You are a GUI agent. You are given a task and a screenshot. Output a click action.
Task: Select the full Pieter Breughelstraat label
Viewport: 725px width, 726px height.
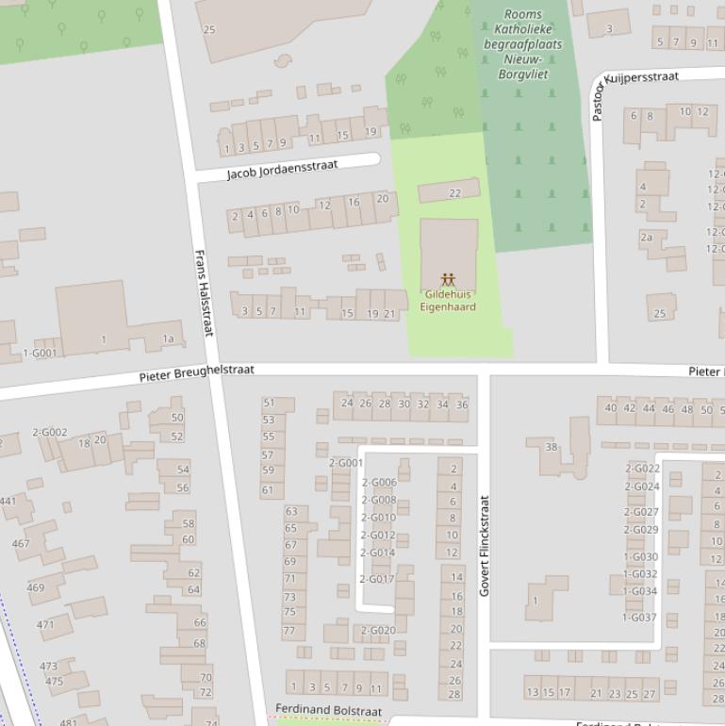click(x=196, y=374)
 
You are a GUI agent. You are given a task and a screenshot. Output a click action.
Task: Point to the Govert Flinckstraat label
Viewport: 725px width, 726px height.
click(x=485, y=546)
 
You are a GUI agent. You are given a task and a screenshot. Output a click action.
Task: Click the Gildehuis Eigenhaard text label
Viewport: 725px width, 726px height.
click(x=448, y=301)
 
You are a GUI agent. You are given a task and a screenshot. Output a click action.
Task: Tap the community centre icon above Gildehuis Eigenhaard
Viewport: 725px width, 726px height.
click(x=448, y=280)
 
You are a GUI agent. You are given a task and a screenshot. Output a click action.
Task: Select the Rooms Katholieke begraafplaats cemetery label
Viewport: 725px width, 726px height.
click(x=522, y=43)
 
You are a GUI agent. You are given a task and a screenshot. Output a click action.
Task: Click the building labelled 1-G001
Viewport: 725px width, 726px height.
click(x=40, y=354)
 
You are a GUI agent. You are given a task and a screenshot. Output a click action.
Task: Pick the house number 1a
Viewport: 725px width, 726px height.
click(x=168, y=339)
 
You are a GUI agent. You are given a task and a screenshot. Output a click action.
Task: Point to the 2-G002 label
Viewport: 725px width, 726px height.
click(x=50, y=433)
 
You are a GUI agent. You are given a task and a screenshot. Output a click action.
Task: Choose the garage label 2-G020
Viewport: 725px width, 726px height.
click(x=378, y=631)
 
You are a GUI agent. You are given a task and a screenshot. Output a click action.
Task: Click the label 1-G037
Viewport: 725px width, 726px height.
click(x=639, y=618)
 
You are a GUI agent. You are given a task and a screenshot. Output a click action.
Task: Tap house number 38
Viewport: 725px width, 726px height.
click(x=552, y=447)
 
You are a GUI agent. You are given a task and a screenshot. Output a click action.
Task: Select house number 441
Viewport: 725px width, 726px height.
click(x=8, y=501)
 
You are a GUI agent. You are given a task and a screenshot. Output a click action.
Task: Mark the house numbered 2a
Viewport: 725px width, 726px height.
click(x=646, y=238)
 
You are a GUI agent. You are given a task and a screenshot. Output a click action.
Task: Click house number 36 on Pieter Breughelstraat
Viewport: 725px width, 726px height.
click(x=462, y=404)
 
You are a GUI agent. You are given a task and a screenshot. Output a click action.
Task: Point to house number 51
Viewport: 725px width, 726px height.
click(x=269, y=404)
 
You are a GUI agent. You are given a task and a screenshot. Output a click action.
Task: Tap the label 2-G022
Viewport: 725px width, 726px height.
click(x=642, y=469)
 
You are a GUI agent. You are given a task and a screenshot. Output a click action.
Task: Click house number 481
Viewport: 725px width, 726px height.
click(x=69, y=722)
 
